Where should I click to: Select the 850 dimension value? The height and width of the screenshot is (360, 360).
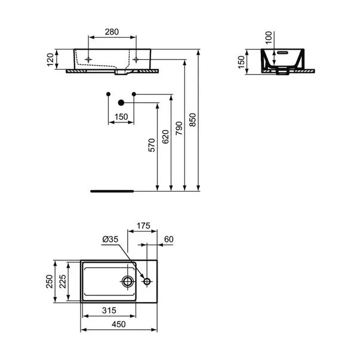(x=192, y=120)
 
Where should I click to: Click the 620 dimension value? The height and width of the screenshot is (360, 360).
(x=165, y=137)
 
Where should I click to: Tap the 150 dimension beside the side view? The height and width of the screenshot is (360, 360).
(x=242, y=63)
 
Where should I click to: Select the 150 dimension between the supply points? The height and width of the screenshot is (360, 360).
(x=121, y=117)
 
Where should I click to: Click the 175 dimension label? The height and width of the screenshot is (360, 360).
(x=143, y=226)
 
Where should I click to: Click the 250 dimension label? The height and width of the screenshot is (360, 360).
(x=50, y=281)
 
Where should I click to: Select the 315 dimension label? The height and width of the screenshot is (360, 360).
(x=108, y=310)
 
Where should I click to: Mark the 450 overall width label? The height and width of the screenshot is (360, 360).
(x=119, y=324)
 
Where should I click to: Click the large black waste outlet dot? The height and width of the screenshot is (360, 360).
(x=121, y=102)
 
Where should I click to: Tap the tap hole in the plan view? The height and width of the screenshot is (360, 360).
(x=147, y=281)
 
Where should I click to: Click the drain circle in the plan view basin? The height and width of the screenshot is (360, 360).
(x=127, y=281)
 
